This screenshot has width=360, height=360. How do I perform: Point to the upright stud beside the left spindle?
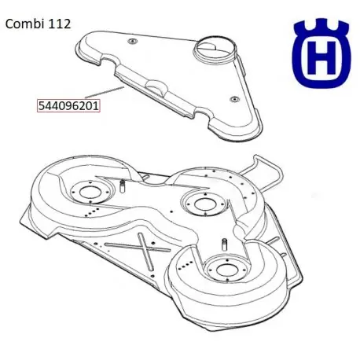click(124, 186)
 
